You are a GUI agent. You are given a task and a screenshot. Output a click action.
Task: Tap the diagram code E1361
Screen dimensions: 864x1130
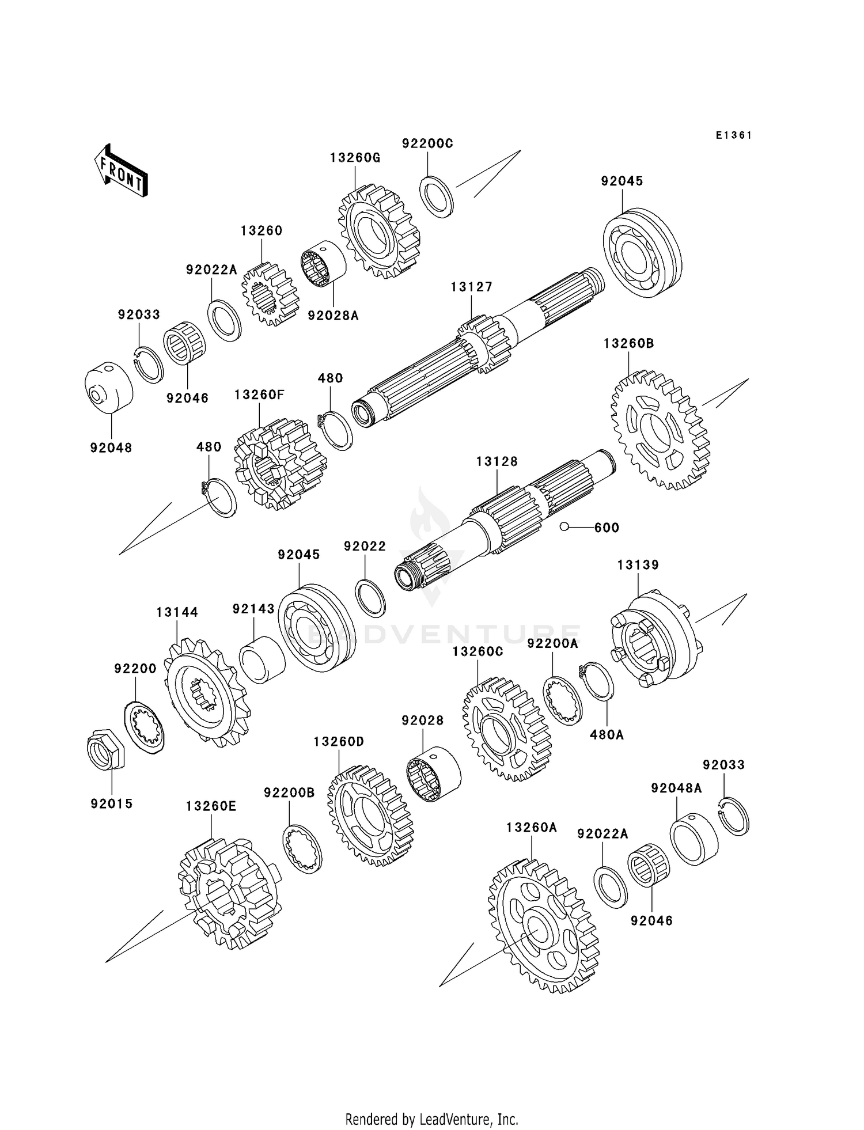734,135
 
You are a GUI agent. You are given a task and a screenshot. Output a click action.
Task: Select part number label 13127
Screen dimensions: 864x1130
472,287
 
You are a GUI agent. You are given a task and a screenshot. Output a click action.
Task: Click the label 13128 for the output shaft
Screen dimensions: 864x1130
497,461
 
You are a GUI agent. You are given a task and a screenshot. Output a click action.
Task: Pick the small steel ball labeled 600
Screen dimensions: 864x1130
565,526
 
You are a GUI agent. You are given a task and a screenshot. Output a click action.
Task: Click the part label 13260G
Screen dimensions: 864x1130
355,158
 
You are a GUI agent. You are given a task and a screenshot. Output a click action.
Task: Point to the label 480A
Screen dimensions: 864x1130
607,735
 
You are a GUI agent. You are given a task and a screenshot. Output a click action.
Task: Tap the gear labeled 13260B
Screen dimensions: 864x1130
660,430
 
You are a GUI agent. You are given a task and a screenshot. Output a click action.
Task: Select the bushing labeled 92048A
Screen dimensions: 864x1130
694,838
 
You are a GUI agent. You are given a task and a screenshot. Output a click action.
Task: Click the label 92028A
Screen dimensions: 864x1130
333,316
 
